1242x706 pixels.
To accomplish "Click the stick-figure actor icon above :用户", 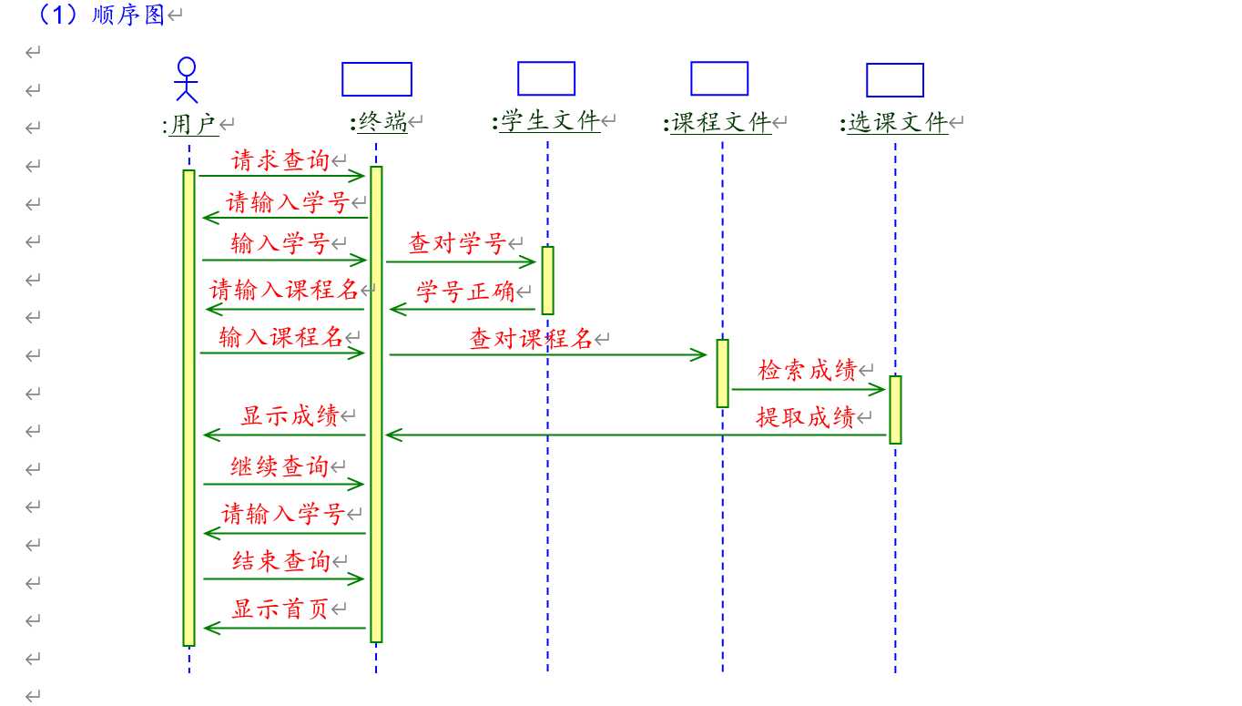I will pyautogui.click(x=187, y=80).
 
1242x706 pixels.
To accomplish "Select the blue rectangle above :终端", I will pyautogui.click(x=377, y=79).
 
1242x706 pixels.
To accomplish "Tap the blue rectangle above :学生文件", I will pyautogui.click(x=546, y=78).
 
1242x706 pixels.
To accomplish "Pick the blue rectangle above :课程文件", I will pyautogui.click(x=719, y=78).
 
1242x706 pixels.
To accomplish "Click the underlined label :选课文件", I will pyautogui.click(x=898, y=123).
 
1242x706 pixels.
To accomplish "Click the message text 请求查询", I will pyautogui.click(x=280, y=161).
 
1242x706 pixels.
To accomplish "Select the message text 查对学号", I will pyautogui.click(x=457, y=243).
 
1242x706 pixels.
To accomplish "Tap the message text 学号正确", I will pyautogui.click(x=465, y=292).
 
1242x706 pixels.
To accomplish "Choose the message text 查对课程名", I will pyautogui.click(x=532, y=339).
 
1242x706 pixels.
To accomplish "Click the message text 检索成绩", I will pyautogui.click(x=807, y=370).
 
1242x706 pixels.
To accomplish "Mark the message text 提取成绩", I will pyautogui.click(x=806, y=417).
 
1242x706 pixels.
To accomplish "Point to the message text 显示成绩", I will pyautogui.click(x=290, y=415).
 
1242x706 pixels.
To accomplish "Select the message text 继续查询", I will pyautogui.click(x=280, y=466).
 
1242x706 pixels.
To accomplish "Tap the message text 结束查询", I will pyautogui.click(x=281, y=561).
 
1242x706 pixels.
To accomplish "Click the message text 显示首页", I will pyautogui.click(x=280, y=609).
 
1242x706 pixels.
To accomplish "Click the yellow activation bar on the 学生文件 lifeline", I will pyautogui.click(x=547, y=281).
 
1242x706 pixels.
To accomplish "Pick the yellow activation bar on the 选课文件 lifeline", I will pyautogui.click(x=895, y=409).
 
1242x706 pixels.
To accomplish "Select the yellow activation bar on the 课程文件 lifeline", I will pyautogui.click(x=722, y=373).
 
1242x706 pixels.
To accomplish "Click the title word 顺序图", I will pyautogui.click(x=128, y=15).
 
